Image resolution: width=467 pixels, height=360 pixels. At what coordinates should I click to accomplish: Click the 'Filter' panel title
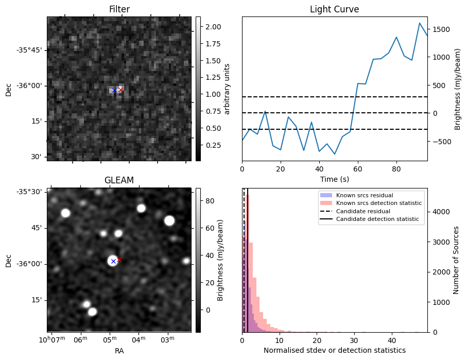[119, 9]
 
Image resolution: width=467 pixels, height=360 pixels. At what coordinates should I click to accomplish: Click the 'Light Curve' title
[334, 9]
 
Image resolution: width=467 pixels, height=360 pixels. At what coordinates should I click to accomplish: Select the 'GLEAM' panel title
[119, 180]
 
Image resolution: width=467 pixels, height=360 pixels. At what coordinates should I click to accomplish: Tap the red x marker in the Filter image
[120, 90]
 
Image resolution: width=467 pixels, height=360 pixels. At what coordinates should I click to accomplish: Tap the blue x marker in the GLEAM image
[113, 262]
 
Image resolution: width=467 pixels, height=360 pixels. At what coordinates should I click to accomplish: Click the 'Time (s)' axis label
[334, 179]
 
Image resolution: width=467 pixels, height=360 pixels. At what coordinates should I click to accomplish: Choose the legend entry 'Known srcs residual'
[365, 195]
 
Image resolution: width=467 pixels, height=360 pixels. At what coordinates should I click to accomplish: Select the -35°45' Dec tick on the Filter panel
[30, 50]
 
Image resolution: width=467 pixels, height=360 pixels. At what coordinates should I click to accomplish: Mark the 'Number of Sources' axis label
[456, 260]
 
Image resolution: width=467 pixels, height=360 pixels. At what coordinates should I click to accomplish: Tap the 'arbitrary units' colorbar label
[227, 89]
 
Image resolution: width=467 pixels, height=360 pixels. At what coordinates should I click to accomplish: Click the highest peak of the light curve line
[420, 23]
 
